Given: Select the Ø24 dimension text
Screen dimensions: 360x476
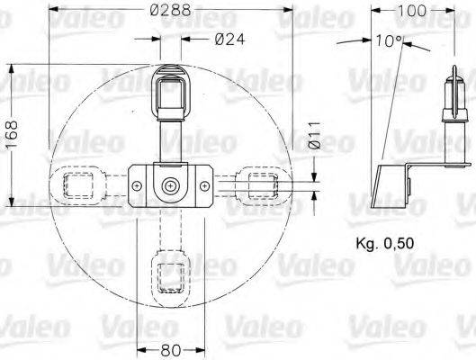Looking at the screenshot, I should click(x=231, y=39).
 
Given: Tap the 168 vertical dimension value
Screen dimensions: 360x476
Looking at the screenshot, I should click(x=12, y=136).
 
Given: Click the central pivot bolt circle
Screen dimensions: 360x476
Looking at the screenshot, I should click(x=170, y=185).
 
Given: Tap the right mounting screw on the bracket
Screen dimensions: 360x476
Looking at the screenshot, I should click(x=205, y=185).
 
